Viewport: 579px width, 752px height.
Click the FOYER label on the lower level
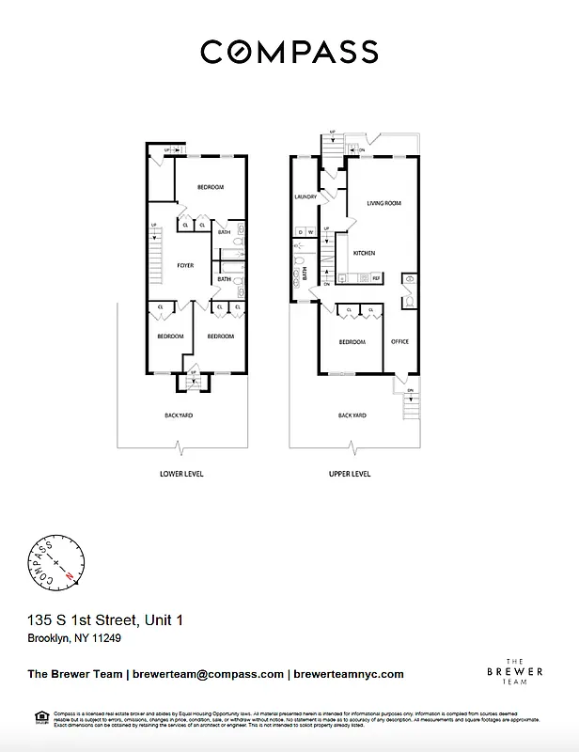coord(185,266)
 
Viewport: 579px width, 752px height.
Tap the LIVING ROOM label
coord(383,203)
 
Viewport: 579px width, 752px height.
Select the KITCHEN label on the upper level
coord(364,254)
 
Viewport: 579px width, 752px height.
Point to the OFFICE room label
coord(400,341)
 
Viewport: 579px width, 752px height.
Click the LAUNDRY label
coord(305,196)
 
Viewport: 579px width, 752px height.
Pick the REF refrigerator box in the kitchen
coord(376,278)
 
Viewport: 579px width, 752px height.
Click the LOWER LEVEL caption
coord(182,474)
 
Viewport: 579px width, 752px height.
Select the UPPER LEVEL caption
coord(350,474)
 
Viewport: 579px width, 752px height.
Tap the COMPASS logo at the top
coord(289,51)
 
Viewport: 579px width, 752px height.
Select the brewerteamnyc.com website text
coord(349,674)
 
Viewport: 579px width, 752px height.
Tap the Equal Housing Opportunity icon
coord(41,717)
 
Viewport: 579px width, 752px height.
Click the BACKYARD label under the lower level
coord(179,415)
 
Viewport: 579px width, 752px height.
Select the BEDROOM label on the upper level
coord(352,342)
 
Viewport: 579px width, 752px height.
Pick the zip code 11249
coord(106,638)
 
